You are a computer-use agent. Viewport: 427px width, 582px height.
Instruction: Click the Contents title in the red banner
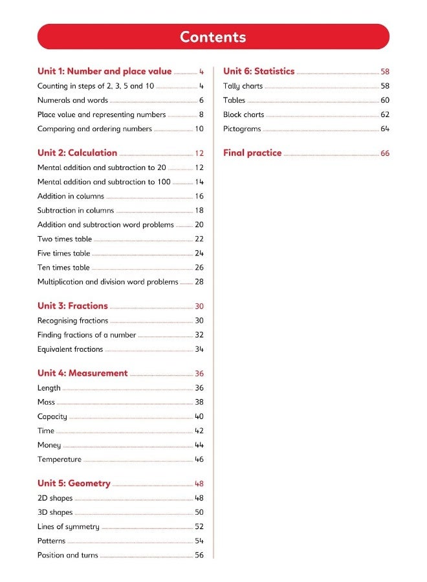click(213, 37)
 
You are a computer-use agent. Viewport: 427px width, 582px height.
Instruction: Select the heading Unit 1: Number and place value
click(104, 72)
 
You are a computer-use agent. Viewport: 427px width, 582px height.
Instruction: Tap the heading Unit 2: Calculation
click(77, 153)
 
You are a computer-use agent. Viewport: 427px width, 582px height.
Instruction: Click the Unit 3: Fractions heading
click(72, 306)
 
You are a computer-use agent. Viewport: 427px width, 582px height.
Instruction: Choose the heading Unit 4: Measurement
click(82, 373)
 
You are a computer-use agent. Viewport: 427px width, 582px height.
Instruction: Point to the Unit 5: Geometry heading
click(74, 483)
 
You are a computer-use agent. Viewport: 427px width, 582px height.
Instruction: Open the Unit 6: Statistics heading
click(259, 72)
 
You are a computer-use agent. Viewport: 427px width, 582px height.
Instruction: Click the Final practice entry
click(252, 153)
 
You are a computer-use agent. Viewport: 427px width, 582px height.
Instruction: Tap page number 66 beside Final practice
click(385, 154)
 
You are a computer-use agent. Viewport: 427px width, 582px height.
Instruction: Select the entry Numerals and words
click(72, 100)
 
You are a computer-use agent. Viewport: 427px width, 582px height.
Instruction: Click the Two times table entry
click(65, 239)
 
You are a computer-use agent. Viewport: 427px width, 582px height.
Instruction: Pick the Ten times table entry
click(63, 267)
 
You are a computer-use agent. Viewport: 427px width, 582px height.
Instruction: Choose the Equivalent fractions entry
click(70, 349)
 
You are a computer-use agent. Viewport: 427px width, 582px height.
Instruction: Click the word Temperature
click(60, 459)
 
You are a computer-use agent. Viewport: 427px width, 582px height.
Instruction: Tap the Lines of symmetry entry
click(69, 526)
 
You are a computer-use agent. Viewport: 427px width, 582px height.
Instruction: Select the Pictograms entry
click(242, 129)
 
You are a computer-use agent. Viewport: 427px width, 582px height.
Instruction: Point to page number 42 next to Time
click(199, 431)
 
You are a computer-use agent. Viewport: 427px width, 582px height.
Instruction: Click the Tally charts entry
click(243, 86)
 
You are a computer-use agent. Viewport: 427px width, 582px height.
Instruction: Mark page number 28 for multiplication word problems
click(199, 282)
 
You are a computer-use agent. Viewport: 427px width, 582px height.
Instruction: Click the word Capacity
click(52, 416)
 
